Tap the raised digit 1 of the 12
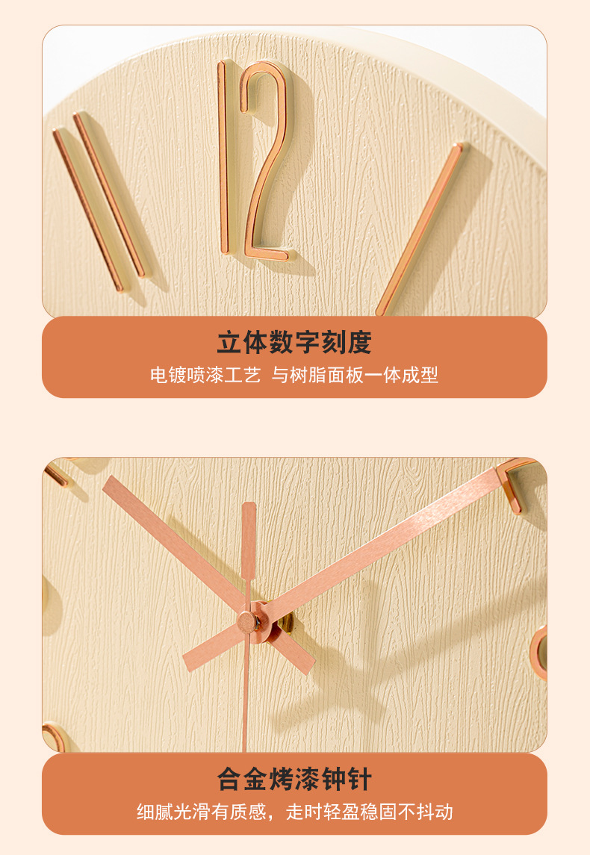(223, 157)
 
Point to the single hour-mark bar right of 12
(419, 228)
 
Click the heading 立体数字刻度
(294, 343)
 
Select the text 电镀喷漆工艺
(205, 375)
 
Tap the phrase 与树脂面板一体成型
(355, 375)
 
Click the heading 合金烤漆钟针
(294, 780)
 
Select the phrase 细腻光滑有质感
(202, 812)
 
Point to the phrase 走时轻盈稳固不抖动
(370, 812)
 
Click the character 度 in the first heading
(358, 343)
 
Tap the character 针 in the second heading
(358, 780)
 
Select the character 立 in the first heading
(230, 343)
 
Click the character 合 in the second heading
(230, 780)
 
